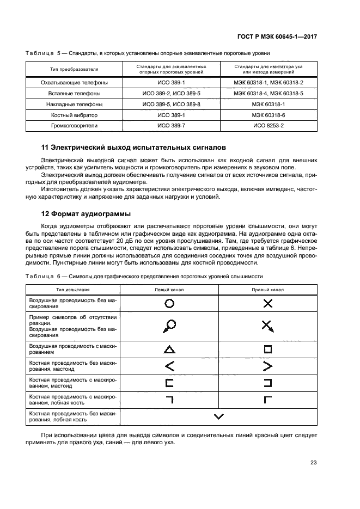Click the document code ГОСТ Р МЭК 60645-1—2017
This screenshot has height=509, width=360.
pyautogui.click(x=278, y=36)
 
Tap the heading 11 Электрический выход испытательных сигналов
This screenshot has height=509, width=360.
pyautogui.click(x=133, y=148)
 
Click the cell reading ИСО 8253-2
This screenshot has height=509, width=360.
pyautogui.click(x=269, y=125)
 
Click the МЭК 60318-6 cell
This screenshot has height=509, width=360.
pyautogui.click(x=269, y=115)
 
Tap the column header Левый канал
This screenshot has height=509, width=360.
pyautogui.click(x=169, y=290)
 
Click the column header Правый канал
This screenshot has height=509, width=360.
pyautogui.click(x=267, y=290)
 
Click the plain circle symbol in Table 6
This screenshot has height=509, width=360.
pyautogui.click(x=169, y=303)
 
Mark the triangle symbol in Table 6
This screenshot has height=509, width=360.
pyautogui.click(x=169, y=349)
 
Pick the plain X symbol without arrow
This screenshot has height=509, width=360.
pyautogui.click(x=267, y=303)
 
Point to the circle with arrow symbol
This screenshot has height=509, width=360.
pyautogui.click(x=168, y=326)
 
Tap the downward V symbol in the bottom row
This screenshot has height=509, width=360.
pyautogui.click(x=219, y=416)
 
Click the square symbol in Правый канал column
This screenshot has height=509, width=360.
pyautogui.click(x=267, y=349)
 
